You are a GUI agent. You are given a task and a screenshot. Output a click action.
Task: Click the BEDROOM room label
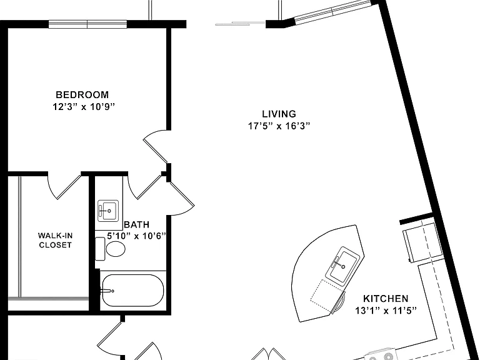(82, 94)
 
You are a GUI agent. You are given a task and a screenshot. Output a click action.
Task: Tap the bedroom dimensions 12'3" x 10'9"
(84, 107)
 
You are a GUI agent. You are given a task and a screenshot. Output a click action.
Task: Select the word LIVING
(279, 114)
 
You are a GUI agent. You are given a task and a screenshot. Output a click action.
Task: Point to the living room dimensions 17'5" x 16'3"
(279, 126)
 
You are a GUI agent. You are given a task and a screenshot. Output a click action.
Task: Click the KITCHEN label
(386, 299)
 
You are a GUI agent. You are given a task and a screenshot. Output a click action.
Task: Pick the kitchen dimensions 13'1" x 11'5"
(386, 311)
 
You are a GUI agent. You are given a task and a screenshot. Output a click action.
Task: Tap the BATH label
(137, 225)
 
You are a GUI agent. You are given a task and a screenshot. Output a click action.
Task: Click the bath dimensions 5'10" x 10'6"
(136, 236)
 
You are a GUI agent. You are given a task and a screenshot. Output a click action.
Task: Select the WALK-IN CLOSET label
(55, 240)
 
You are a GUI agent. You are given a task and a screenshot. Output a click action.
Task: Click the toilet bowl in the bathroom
(116, 249)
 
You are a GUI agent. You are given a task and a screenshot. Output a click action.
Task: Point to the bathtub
(133, 290)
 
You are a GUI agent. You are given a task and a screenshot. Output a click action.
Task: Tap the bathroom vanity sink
(108, 211)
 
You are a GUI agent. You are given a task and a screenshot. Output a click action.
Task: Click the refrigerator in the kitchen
(423, 242)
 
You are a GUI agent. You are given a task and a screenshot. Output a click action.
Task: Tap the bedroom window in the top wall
(87, 24)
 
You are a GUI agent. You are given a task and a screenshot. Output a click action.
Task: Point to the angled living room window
(332, 12)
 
